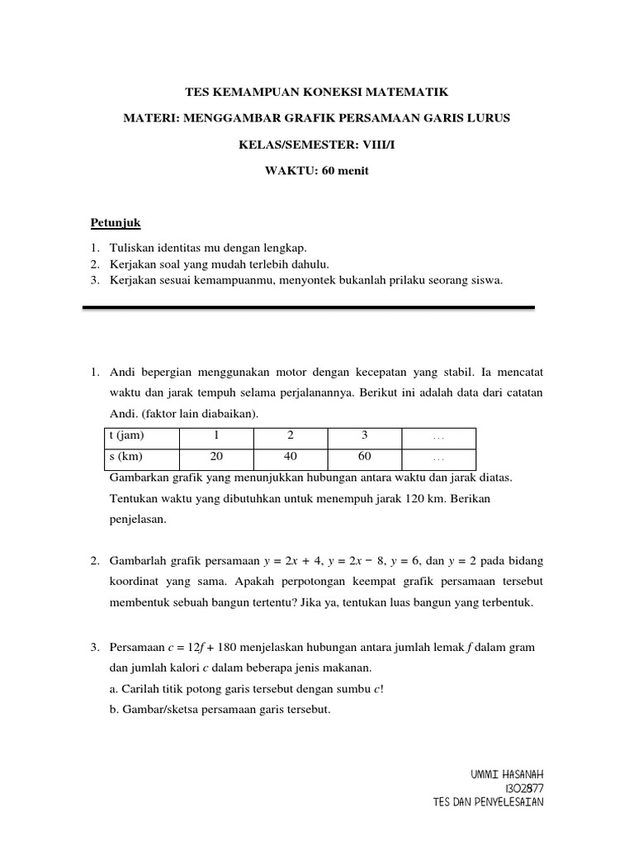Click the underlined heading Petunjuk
coord(116,223)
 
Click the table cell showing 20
coord(217,457)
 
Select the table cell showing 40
coord(291,457)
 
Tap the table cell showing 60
coord(364,457)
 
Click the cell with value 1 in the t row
coord(217,436)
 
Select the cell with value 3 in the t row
coord(364,436)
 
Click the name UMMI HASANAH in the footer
coord(507,774)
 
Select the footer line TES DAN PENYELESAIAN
coord(488,802)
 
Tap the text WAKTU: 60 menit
coord(316,171)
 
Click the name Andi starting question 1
coord(122,373)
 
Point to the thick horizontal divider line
coord(309,307)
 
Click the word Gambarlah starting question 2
coord(138,561)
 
